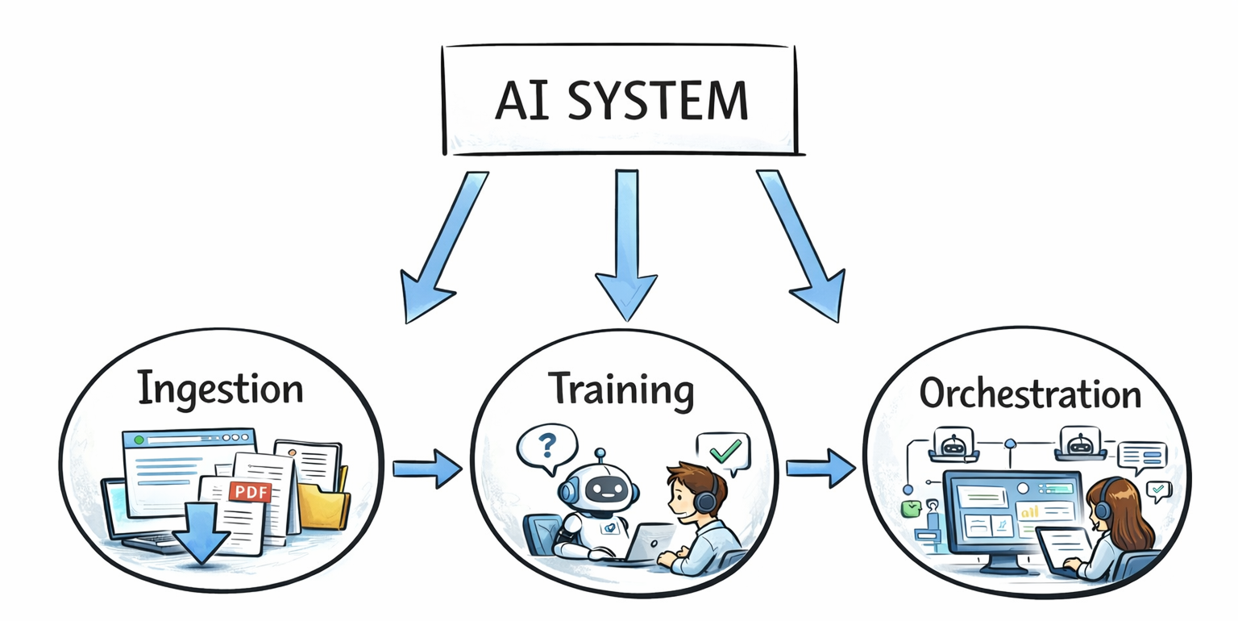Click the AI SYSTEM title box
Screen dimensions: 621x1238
(619, 99)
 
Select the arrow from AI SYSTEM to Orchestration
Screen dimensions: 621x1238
(800, 246)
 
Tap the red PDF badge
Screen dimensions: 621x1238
(250, 492)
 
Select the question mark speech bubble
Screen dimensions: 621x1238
(547, 446)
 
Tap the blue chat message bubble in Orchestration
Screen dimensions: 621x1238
(1143, 457)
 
